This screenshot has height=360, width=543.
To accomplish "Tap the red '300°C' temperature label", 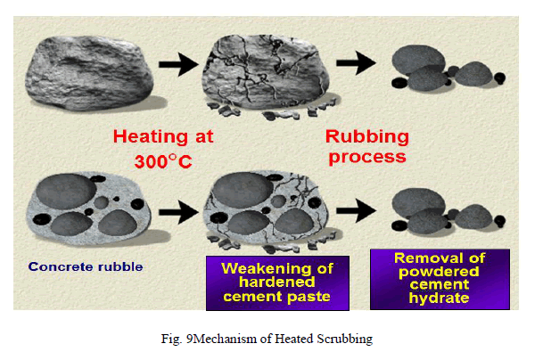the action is coord(163,161).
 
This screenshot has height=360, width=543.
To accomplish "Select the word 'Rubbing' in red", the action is coord(367,137).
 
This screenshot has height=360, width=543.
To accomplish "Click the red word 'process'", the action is coord(367,158).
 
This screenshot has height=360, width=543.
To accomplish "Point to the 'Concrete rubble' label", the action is coord(86,266).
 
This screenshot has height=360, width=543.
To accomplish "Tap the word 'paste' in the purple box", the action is coord(309,297).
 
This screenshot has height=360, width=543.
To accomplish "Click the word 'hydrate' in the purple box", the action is coord(439,298).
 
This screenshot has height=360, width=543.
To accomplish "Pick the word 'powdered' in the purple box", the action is coord(439,272).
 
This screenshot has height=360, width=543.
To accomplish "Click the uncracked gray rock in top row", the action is coord(89,73).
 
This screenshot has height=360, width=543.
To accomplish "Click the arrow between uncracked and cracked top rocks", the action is coord(178,64).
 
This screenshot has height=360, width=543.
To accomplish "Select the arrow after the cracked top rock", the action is coord(356,63).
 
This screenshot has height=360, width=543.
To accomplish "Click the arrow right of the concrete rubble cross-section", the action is coord(178,212).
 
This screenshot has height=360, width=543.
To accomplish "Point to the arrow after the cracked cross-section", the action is coord(356,210).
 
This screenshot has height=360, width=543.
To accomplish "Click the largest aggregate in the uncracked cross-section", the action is coord(66,192).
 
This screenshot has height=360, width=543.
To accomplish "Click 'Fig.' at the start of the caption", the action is coord(171,339).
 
